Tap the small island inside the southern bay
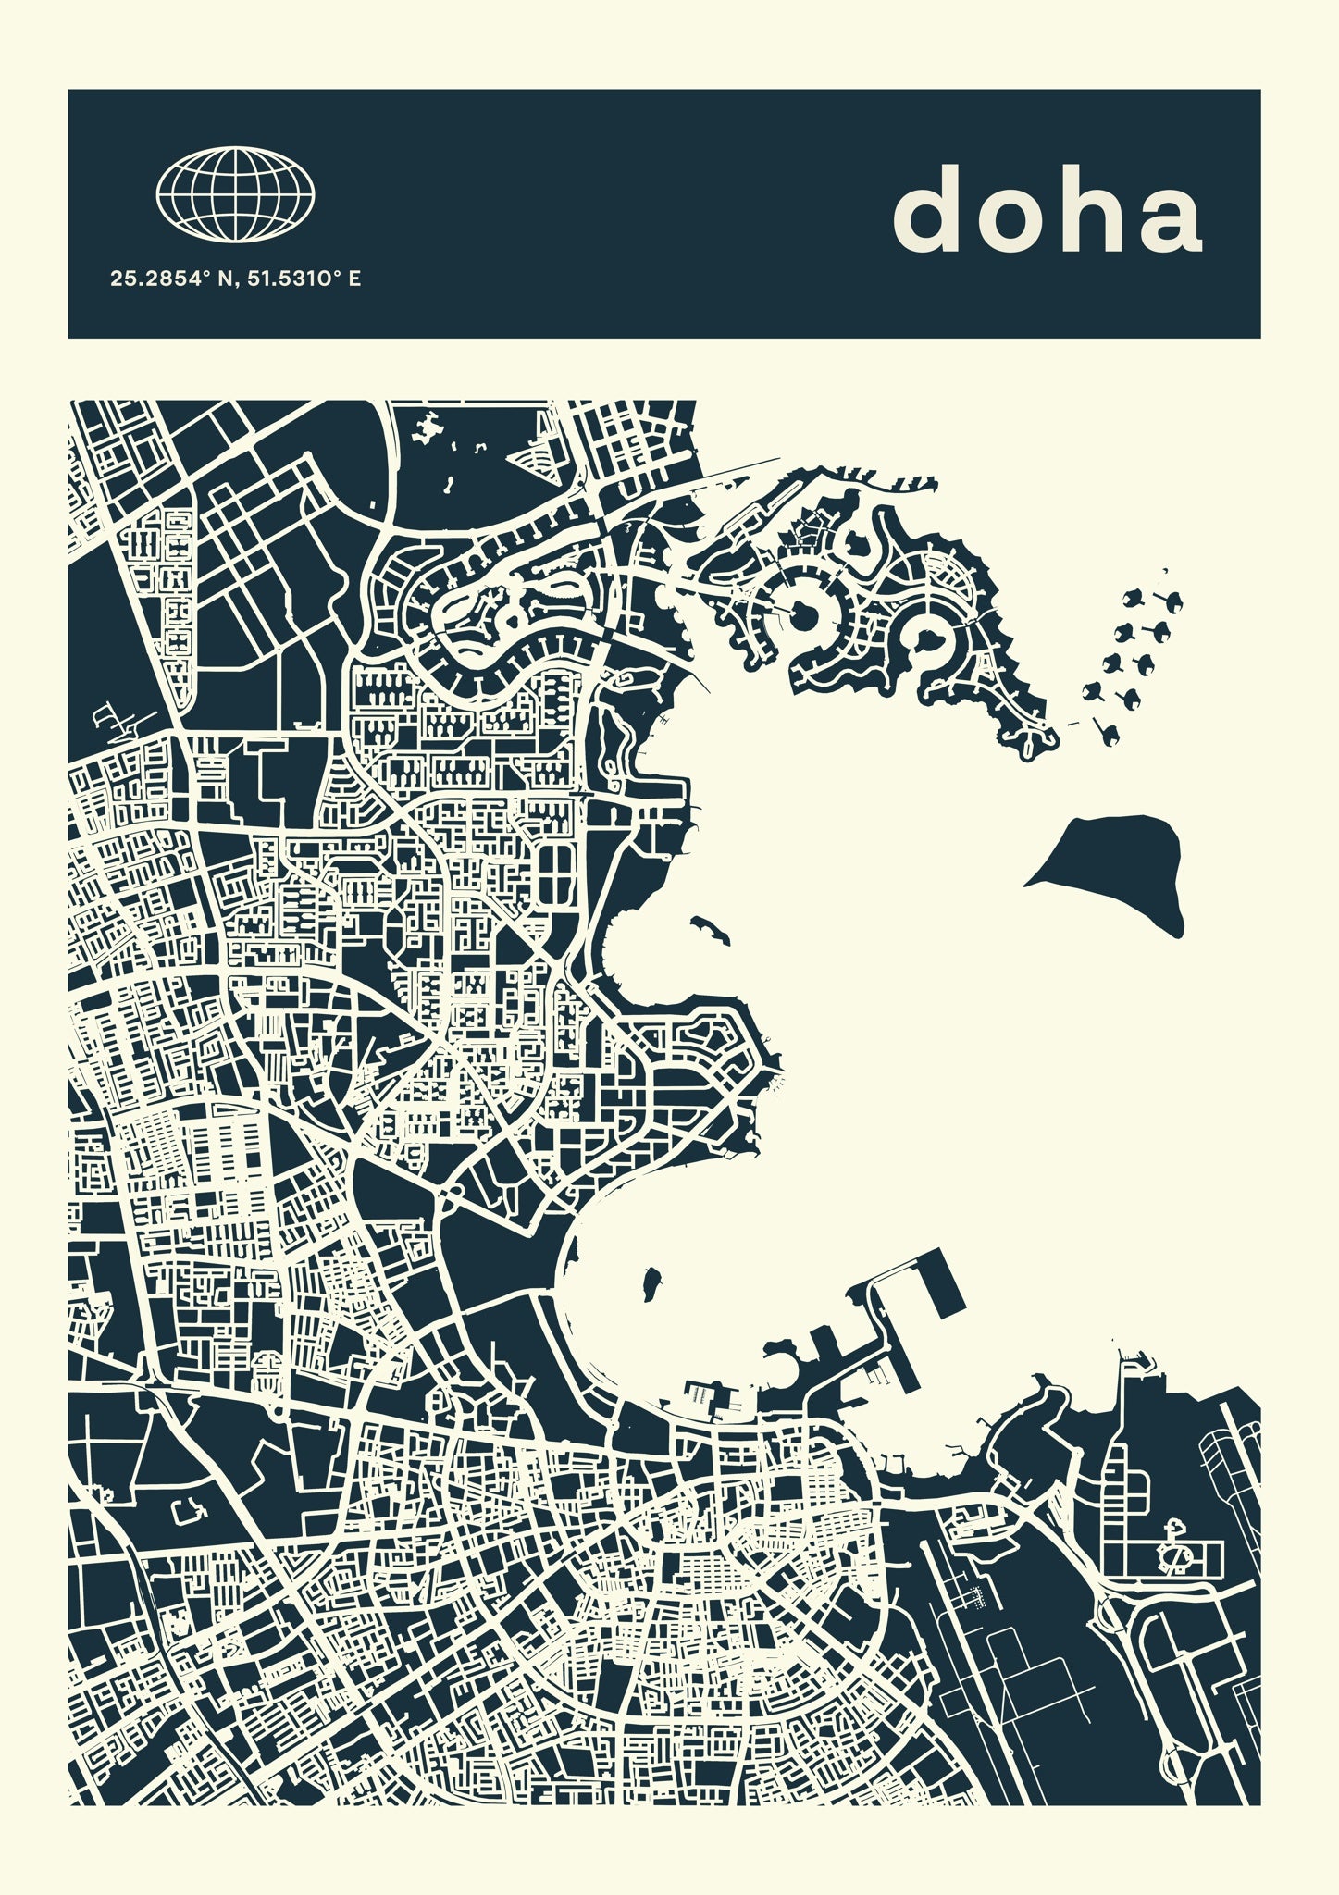pyautogui.click(x=652, y=1282)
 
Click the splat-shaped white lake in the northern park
pyautogui.click(x=428, y=427)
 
